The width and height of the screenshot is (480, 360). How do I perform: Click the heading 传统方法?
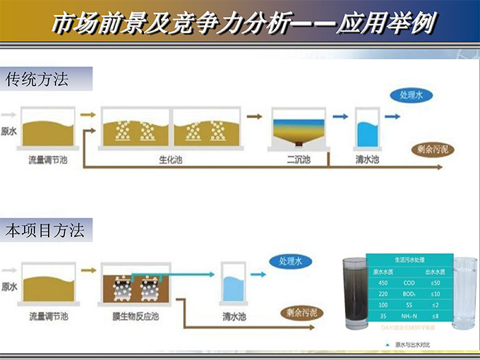pos(37,80)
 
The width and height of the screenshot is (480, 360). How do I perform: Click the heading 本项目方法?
pos(45,230)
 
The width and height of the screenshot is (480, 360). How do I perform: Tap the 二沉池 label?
pos(298,160)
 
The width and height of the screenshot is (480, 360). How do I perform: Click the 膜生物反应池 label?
pos(135,317)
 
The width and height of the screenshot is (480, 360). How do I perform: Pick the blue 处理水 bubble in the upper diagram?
pos(411,97)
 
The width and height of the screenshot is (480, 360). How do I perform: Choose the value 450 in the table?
pos(383,283)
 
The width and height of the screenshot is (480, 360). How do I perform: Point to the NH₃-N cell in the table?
pos(409,317)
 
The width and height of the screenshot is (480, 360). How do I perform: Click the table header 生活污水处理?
pos(409,261)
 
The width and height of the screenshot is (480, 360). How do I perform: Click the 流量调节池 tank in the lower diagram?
pos(48,283)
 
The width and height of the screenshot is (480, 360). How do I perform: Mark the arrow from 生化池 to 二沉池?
pos(254,117)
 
